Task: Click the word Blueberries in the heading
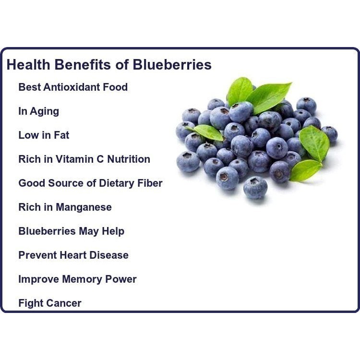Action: click(x=172, y=65)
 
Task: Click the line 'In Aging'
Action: click(x=38, y=111)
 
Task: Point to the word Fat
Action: click(x=61, y=135)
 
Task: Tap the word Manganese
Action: click(x=84, y=207)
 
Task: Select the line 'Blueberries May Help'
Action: click(x=71, y=231)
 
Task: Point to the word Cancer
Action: click(x=63, y=303)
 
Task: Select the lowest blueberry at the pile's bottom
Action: click(x=255, y=187)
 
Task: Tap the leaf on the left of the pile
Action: click(x=208, y=132)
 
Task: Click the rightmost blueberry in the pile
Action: click(x=330, y=134)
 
